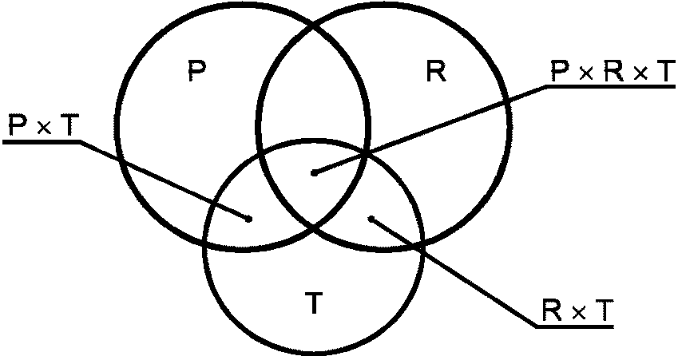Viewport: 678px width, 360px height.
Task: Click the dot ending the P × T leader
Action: click(x=250, y=218)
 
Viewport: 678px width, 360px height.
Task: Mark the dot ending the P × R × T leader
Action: click(x=314, y=172)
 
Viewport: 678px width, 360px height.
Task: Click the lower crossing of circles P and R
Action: click(x=312, y=229)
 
